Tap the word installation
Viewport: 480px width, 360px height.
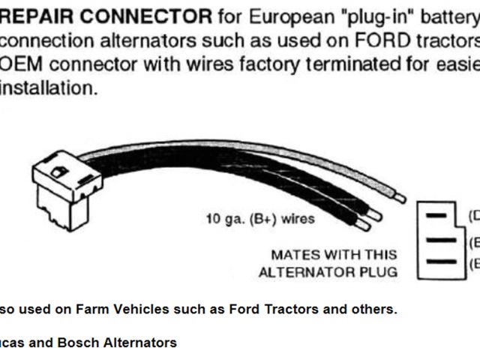coord(49,88)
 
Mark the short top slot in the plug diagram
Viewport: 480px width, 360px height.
coord(436,215)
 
